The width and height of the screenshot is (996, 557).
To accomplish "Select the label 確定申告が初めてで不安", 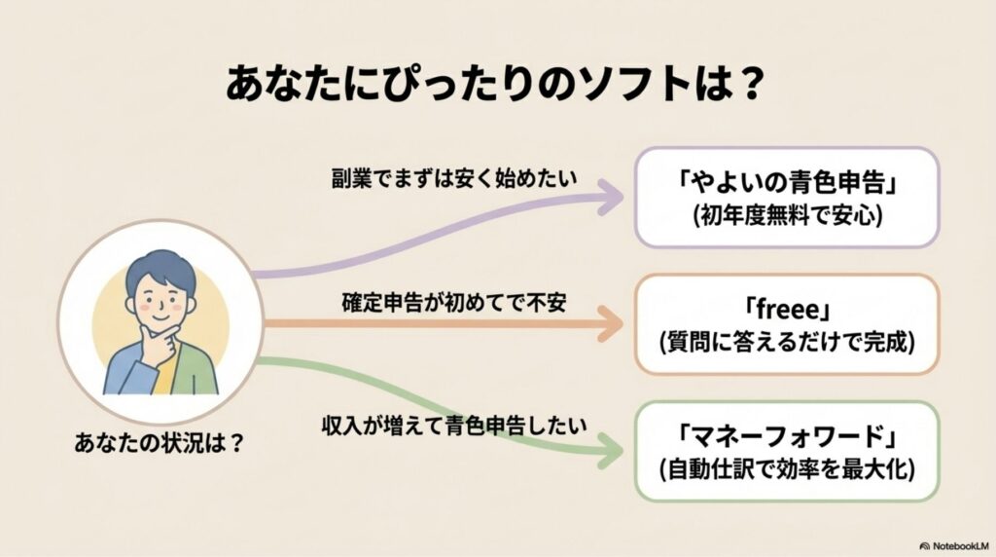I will click(453, 302).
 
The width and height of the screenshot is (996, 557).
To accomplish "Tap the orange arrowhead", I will click(612, 322).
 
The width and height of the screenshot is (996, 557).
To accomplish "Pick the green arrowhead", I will click(611, 449).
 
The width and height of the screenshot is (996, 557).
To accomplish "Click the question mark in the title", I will click(742, 85).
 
